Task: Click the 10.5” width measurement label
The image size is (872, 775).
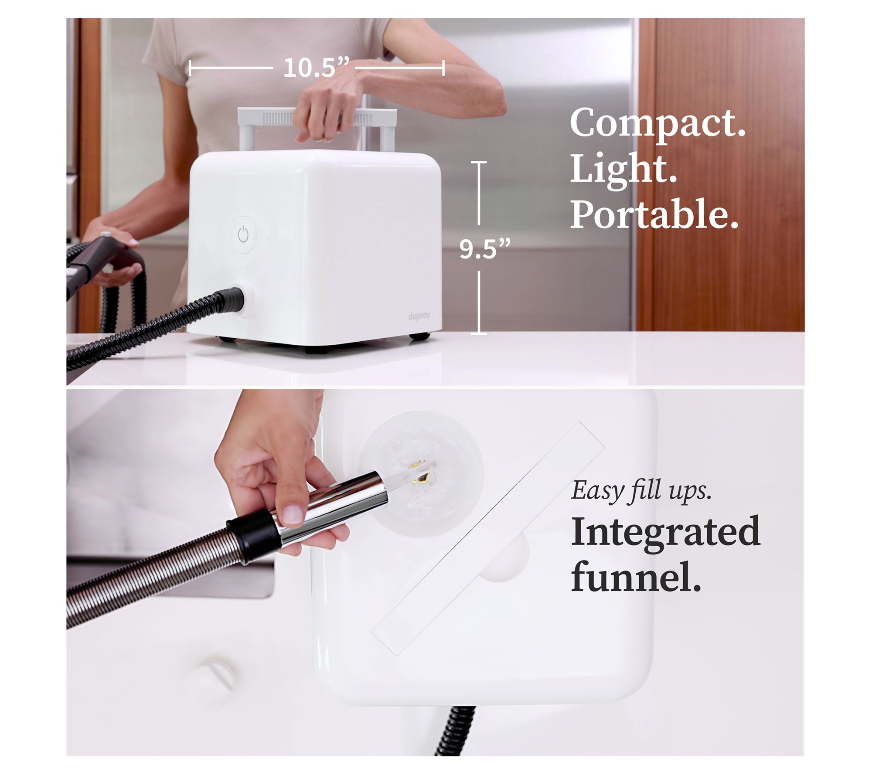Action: [316, 68]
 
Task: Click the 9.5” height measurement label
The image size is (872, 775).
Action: [484, 249]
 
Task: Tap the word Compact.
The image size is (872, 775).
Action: [658, 123]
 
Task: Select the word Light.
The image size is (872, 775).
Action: [623, 170]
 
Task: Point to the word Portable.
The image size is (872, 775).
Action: [654, 214]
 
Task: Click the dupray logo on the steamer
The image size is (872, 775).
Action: [419, 316]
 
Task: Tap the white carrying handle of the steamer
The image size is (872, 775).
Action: [317, 126]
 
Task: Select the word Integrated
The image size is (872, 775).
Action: [666, 531]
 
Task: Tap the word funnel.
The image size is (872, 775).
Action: [636, 575]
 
